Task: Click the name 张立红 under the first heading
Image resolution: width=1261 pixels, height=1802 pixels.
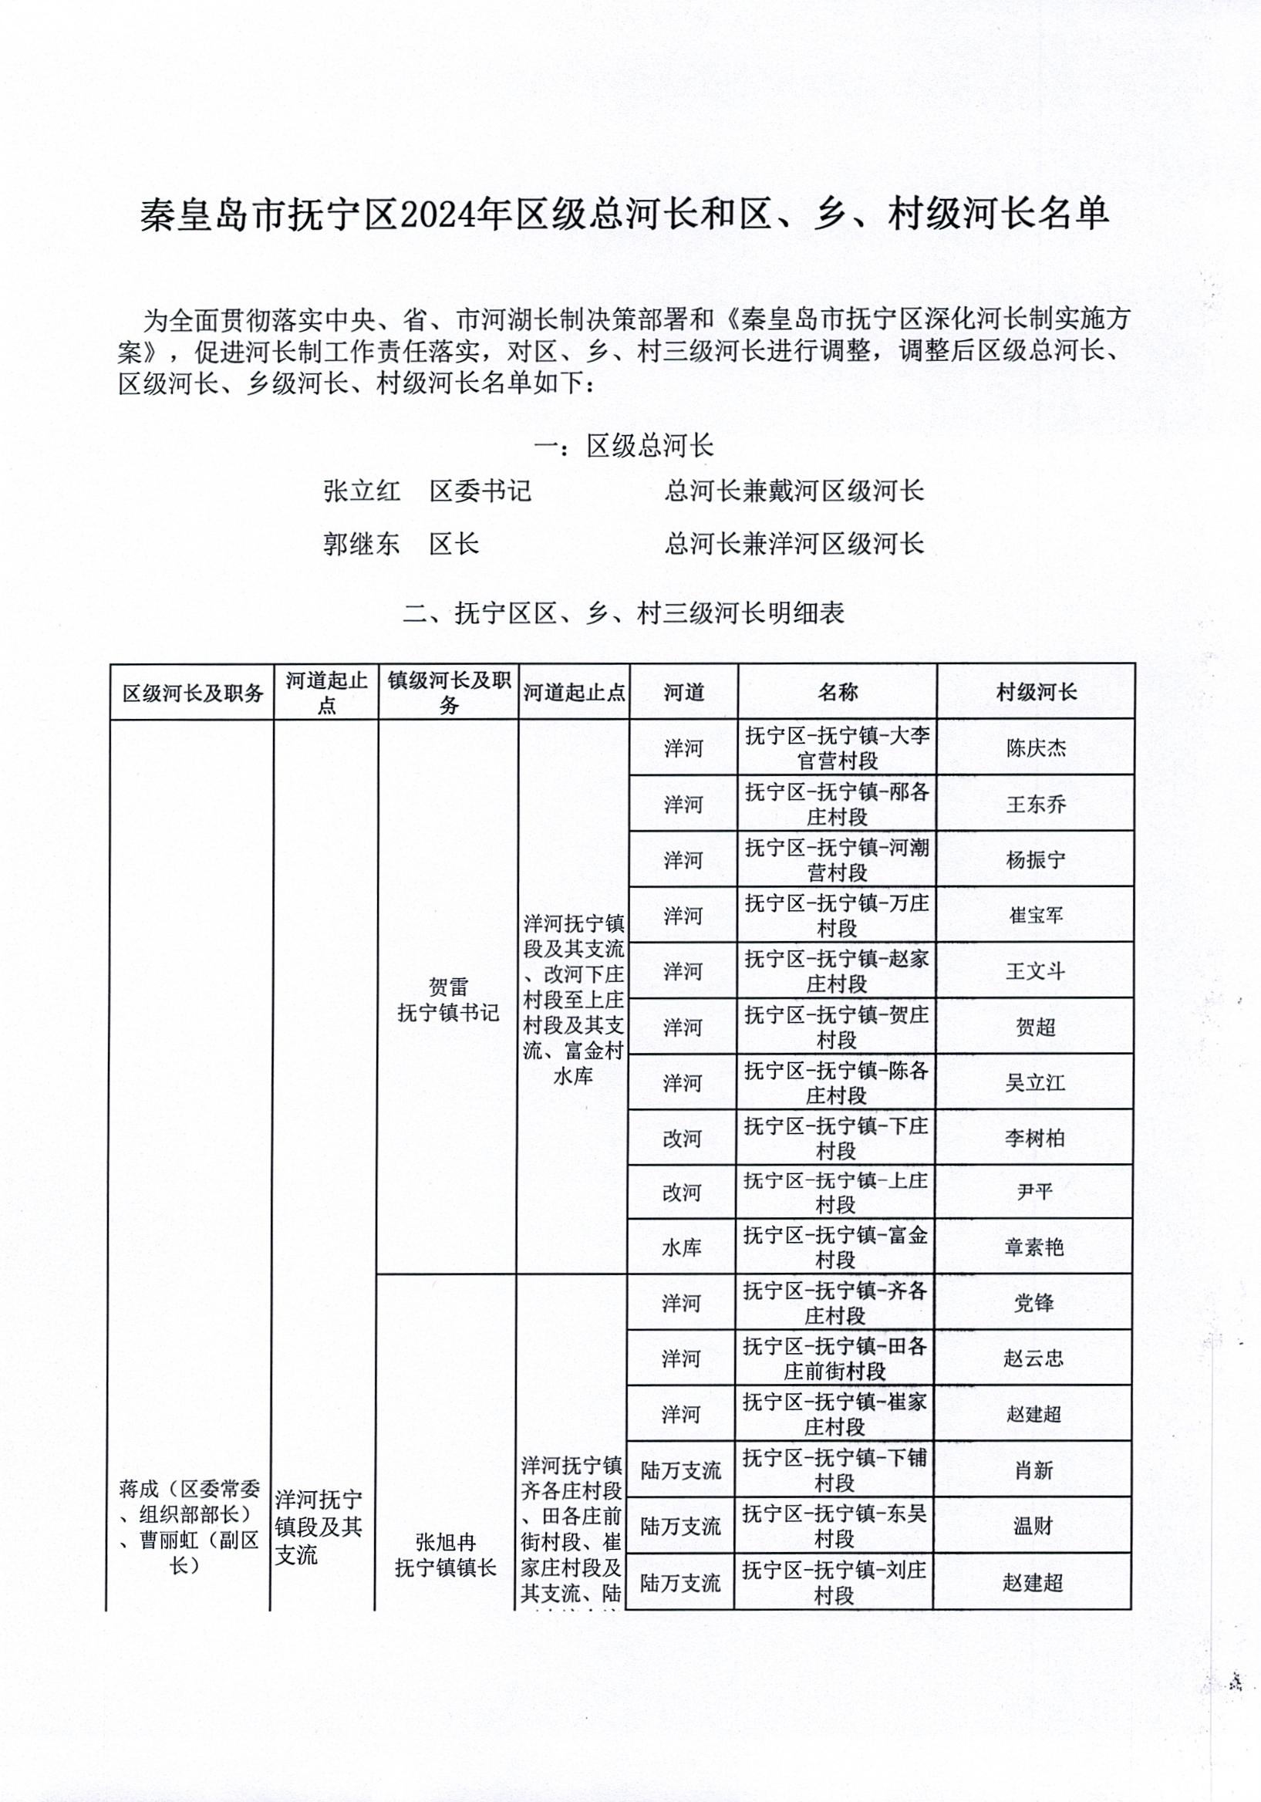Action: [x=361, y=491]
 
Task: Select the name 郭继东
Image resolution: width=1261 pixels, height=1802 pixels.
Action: [x=361, y=544]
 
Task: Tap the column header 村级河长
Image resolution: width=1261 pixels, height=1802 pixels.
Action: [x=1036, y=691]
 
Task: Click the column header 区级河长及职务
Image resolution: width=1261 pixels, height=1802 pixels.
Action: [x=192, y=692]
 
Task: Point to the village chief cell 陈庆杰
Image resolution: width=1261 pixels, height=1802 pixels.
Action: [x=1036, y=747]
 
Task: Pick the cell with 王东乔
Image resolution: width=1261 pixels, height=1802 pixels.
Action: [x=1036, y=804]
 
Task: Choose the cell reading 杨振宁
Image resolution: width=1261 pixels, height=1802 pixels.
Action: [x=1036, y=859]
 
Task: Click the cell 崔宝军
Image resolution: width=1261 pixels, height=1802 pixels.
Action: [x=1036, y=915]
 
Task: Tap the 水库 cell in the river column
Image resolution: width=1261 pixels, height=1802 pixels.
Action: [x=682, y=1248]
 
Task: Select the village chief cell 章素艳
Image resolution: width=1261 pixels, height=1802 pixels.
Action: [x=1034, y=1248]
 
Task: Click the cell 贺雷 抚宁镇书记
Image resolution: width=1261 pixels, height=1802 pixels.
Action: [x=448, y=999]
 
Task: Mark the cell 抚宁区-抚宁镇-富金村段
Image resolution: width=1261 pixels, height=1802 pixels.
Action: [x=836, y=1248]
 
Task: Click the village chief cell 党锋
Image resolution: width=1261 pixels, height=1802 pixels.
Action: [x=1033, y=1304]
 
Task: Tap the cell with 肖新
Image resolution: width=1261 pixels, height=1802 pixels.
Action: [x=1033, y=1470]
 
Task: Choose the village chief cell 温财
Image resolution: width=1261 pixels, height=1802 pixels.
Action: [x=1033, y=1526]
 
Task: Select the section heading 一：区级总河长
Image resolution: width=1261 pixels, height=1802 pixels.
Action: [x=623, y=446]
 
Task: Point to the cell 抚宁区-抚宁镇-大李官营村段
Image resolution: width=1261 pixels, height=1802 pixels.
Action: [x=838, y=747]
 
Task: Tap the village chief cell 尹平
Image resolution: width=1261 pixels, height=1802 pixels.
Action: [x=1034, y=1192]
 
